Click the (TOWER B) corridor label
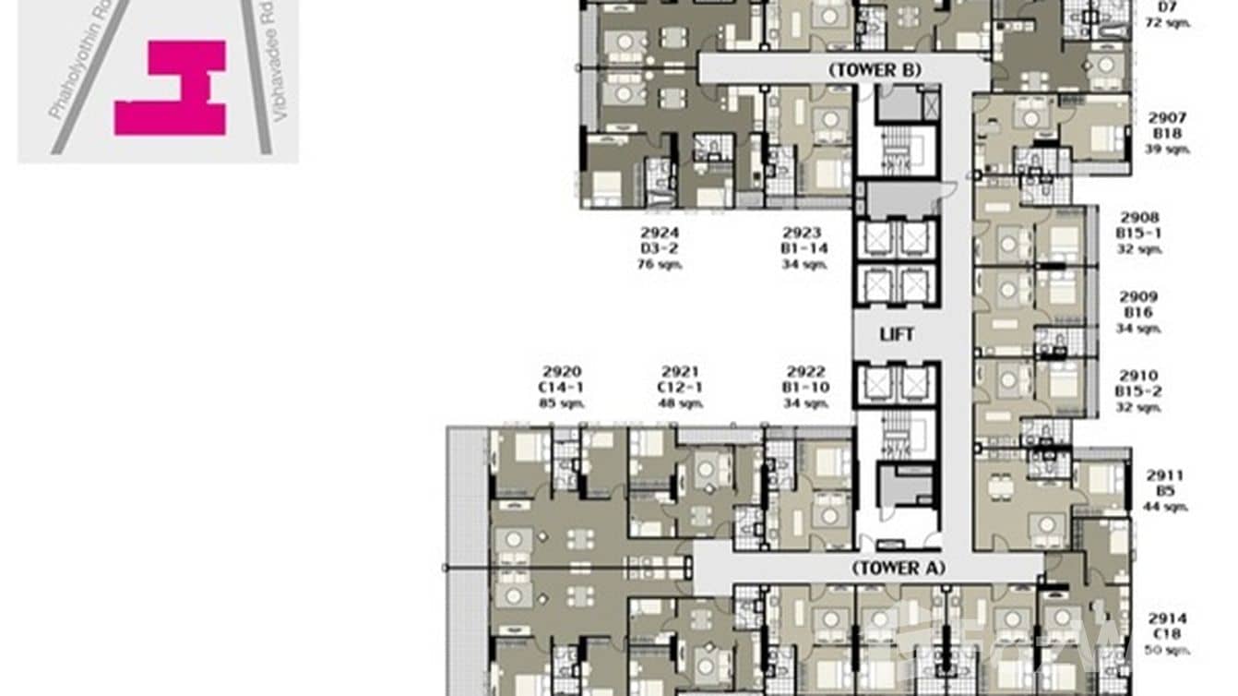pos(874,69)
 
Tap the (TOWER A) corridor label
pos(898,568)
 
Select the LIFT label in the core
pos(896,334)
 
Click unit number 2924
pos(652,234)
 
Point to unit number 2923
pos(803,234)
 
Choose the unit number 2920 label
pos(561,372)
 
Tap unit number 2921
pos(680,372)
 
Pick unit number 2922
pos(805,372)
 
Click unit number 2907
pos(1167,118)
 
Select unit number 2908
pos(1140,218)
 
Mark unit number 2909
pos(1140,297)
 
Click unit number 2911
pos(1166,475)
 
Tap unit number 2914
pos(1167,618)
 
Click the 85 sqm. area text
pos(562,403)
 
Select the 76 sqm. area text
pos(652,265)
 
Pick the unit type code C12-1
pos(680,388)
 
